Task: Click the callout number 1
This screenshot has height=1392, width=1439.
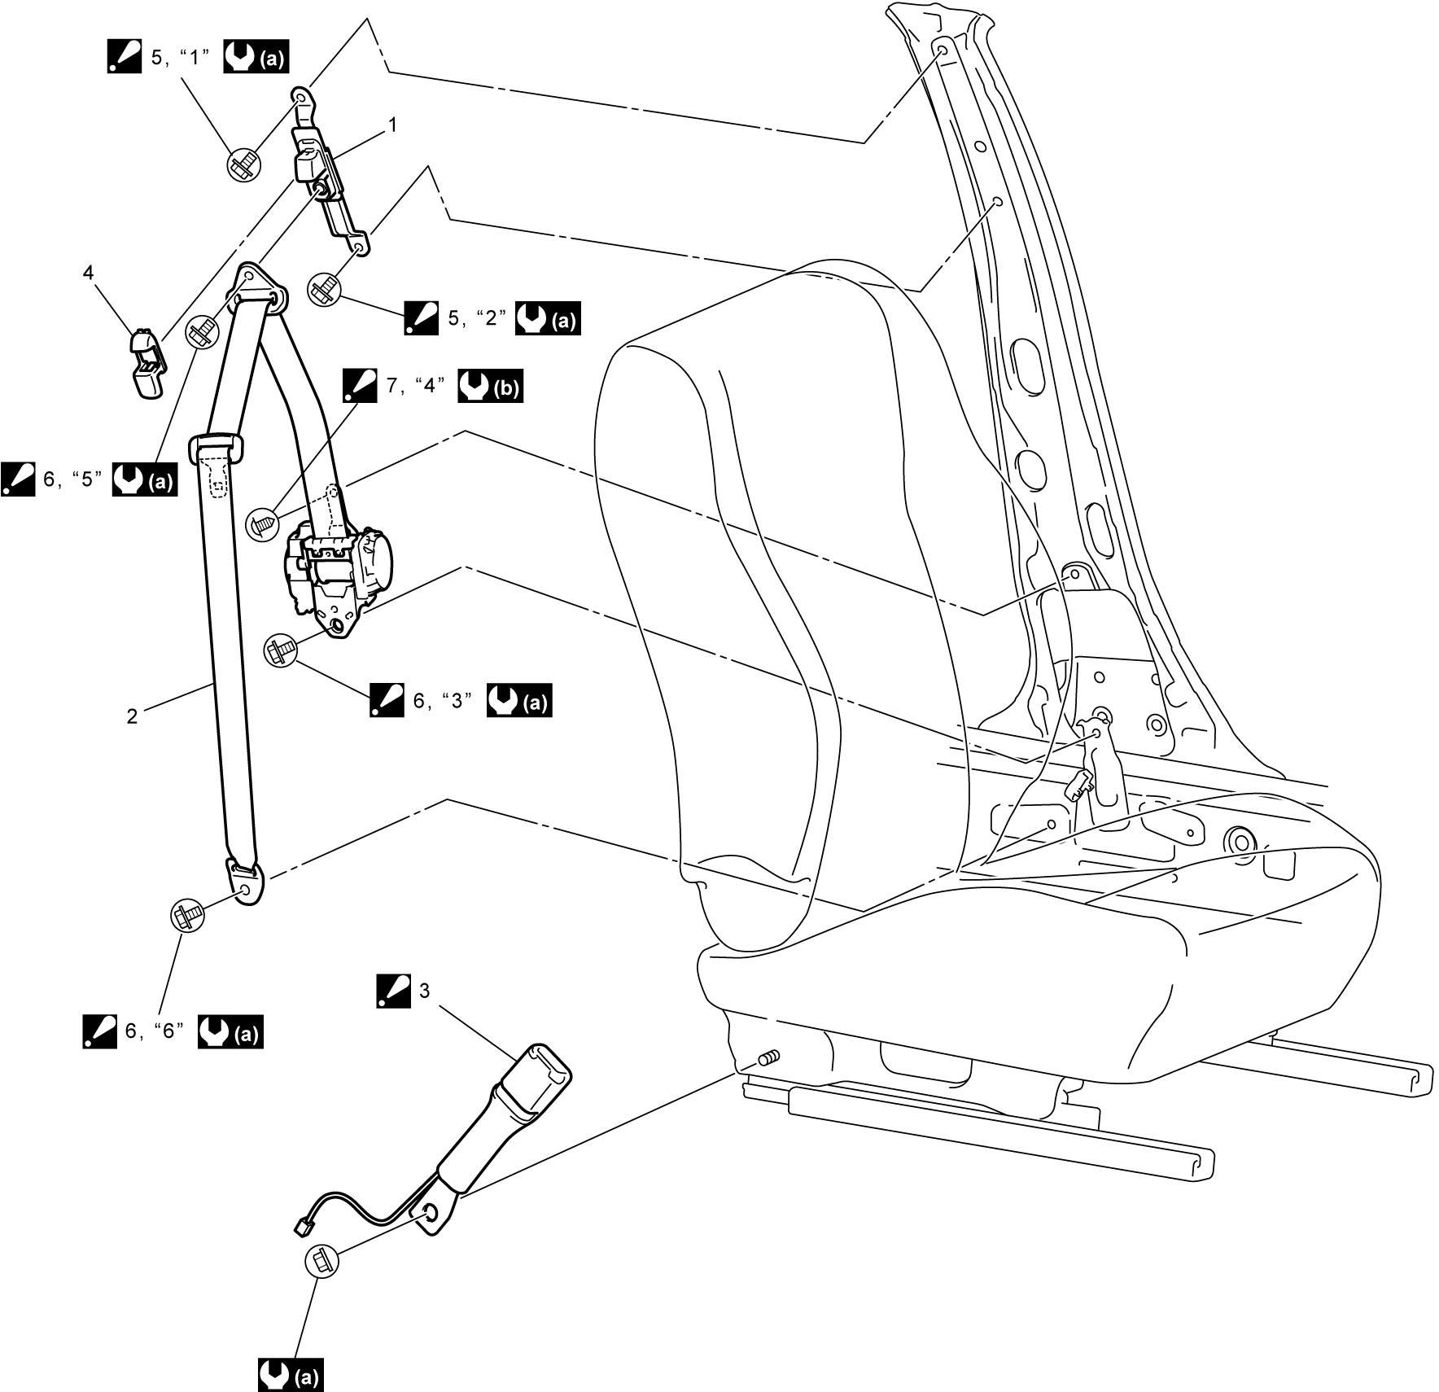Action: click(x=393, y=125)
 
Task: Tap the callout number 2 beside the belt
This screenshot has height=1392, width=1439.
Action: click(x=133, y=716)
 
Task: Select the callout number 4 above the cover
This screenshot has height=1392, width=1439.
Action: click(x=88, y=272)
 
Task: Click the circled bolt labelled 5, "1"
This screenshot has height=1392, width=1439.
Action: click(x=243, y=165)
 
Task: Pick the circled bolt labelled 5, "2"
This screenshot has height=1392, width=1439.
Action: click(x=324, y=289)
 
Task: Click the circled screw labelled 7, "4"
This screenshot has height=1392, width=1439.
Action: click(x=262, y=522)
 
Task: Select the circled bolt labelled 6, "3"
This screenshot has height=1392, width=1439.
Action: click(x=281, y=651)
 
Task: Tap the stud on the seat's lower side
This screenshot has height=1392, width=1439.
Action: click(x=768, y=1058)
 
